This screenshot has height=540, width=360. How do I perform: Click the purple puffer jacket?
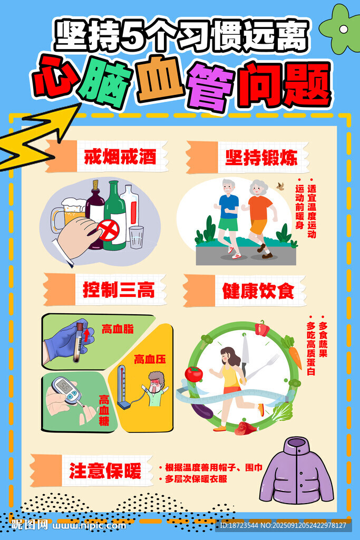pos(296,471)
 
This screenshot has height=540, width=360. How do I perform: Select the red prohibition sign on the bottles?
pos(108,230)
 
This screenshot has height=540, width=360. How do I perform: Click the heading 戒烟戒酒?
pos(120,157)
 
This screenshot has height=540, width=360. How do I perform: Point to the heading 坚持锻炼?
pos(261,158)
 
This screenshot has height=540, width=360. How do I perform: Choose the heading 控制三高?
pos(119,290)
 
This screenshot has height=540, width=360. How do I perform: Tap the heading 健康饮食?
pos(258,291)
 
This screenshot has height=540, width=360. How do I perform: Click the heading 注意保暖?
pos(105,471)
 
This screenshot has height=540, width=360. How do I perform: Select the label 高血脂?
pos(118,329)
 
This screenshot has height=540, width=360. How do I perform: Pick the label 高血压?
pos(150,359)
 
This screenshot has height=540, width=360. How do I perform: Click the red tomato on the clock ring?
pos(194,374)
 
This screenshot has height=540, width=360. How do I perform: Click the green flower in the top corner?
pos(340,29)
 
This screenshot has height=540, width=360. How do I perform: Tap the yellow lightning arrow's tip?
pos(81,103)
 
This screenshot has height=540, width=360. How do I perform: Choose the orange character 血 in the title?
pos(160,80)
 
